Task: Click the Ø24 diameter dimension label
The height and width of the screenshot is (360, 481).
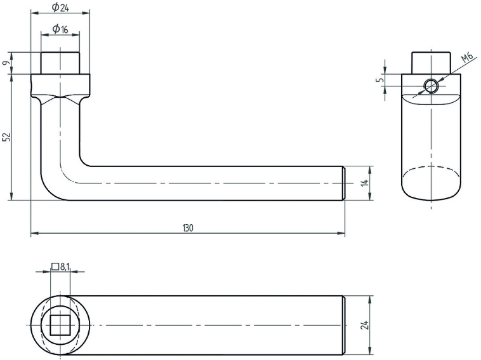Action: click(x=60, y=7)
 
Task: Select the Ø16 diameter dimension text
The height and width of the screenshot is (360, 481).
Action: click(x=60, y=29)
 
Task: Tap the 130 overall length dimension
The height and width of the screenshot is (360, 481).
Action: click(x=188, y=228)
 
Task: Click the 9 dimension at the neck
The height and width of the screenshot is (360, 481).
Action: click(x=6, y=63)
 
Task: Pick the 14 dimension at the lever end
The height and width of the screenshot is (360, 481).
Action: click(x=364, y=183)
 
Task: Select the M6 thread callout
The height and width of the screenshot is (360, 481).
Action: click(x=467, y=59)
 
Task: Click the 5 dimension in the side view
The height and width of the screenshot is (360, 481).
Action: click(x=379, y=80)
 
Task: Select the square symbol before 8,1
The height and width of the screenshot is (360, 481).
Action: click(x=55, y=267)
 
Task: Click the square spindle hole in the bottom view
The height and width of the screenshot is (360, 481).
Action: click(x=60, y=324)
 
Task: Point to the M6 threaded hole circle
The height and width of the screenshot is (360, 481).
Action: click(x=432, y=86)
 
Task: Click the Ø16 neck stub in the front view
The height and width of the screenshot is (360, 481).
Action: click(x=60, y=63)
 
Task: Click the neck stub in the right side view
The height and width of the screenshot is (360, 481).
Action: click(x=432, y=63)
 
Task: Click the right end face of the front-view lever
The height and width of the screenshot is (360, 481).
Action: click(x=344, y=183)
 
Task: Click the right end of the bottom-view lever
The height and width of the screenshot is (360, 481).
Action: click(x=343, y=324)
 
